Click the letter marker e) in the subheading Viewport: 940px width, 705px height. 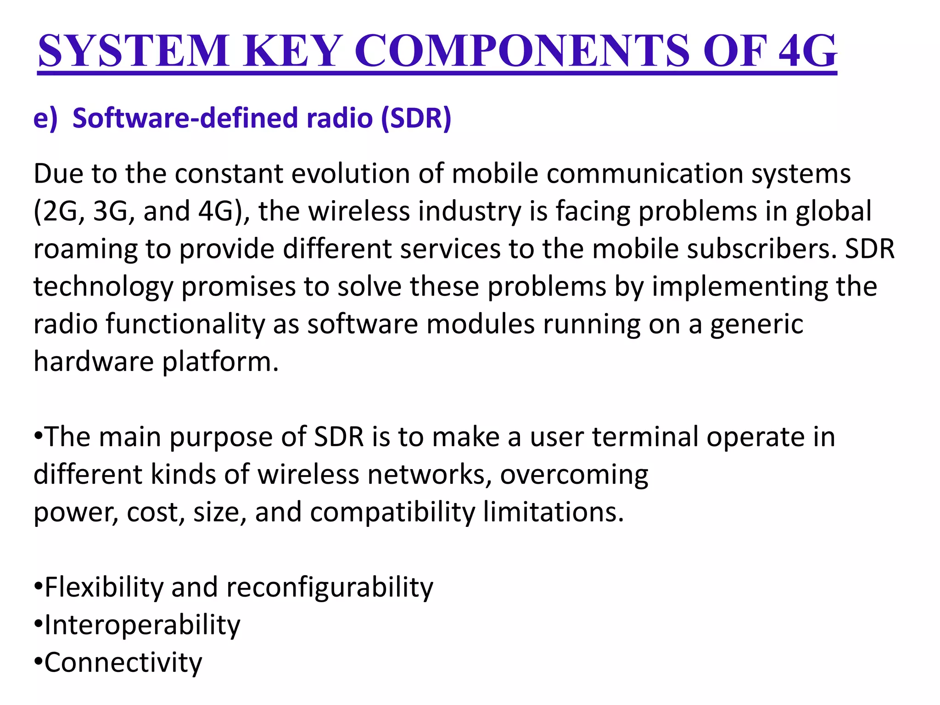tap(45, 118)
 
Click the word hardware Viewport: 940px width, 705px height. tap(94, 362)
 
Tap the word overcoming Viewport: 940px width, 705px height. tap(574, 474)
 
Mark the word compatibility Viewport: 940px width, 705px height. tap(392, 512)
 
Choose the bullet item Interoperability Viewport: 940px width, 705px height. tap(142, 625)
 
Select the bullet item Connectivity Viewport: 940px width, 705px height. tap(123, 663)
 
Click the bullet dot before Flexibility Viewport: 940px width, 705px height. tap(39, 586)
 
